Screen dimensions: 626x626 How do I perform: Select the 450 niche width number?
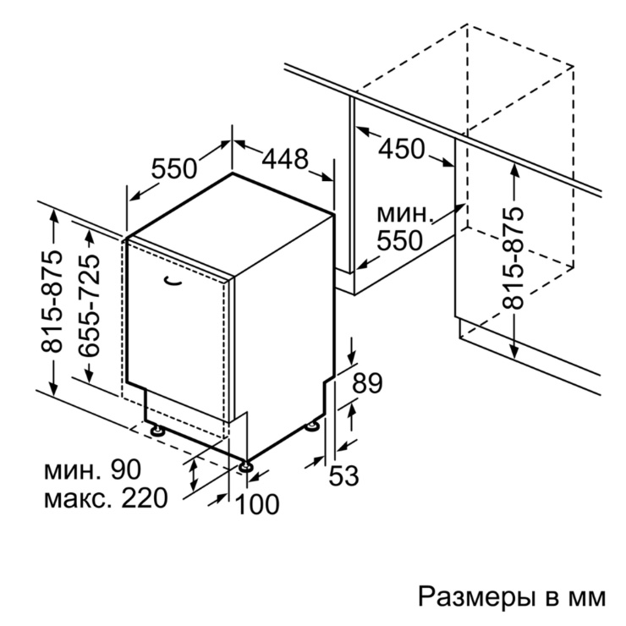pyautogui.click(x=402, y=149)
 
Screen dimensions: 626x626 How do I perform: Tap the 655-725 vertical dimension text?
pyautogui.click(x=89, y=305)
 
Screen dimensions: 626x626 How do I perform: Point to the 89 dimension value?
pyautogui.click(x=367, y=383)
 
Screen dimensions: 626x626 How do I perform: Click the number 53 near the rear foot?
pyautogui.click(x=343, y=476)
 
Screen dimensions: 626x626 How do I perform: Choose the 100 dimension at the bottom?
pyautogui.click(x=257, y=504)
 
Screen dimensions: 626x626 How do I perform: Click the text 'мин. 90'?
pyautogui.click(x=92, y=469)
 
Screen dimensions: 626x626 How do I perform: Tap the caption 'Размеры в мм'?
pyautogui.click(x=512, y=597)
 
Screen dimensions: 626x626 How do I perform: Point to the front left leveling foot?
pyautogui.click(x=156, y=430)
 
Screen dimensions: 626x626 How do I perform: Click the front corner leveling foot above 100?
pyautogui.click(x=245, y=466)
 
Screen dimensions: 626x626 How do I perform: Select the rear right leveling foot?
pyautogui.click(x=312, y=426)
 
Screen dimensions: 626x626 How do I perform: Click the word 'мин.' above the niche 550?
pyautogui.click(x=405, y=215)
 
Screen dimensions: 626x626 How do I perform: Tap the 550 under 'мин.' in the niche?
pyautogui.click(x=399, y=240)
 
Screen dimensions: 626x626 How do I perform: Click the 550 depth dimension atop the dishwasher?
pyautogui.click(x=174, y=168)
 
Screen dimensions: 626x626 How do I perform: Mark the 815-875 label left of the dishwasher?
pyautogui.click(x=52, y=301)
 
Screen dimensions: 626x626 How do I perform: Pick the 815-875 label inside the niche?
pyautogui.click(x=513, y=258)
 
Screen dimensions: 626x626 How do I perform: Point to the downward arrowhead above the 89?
pyautogui.click(x=351, y=356)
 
